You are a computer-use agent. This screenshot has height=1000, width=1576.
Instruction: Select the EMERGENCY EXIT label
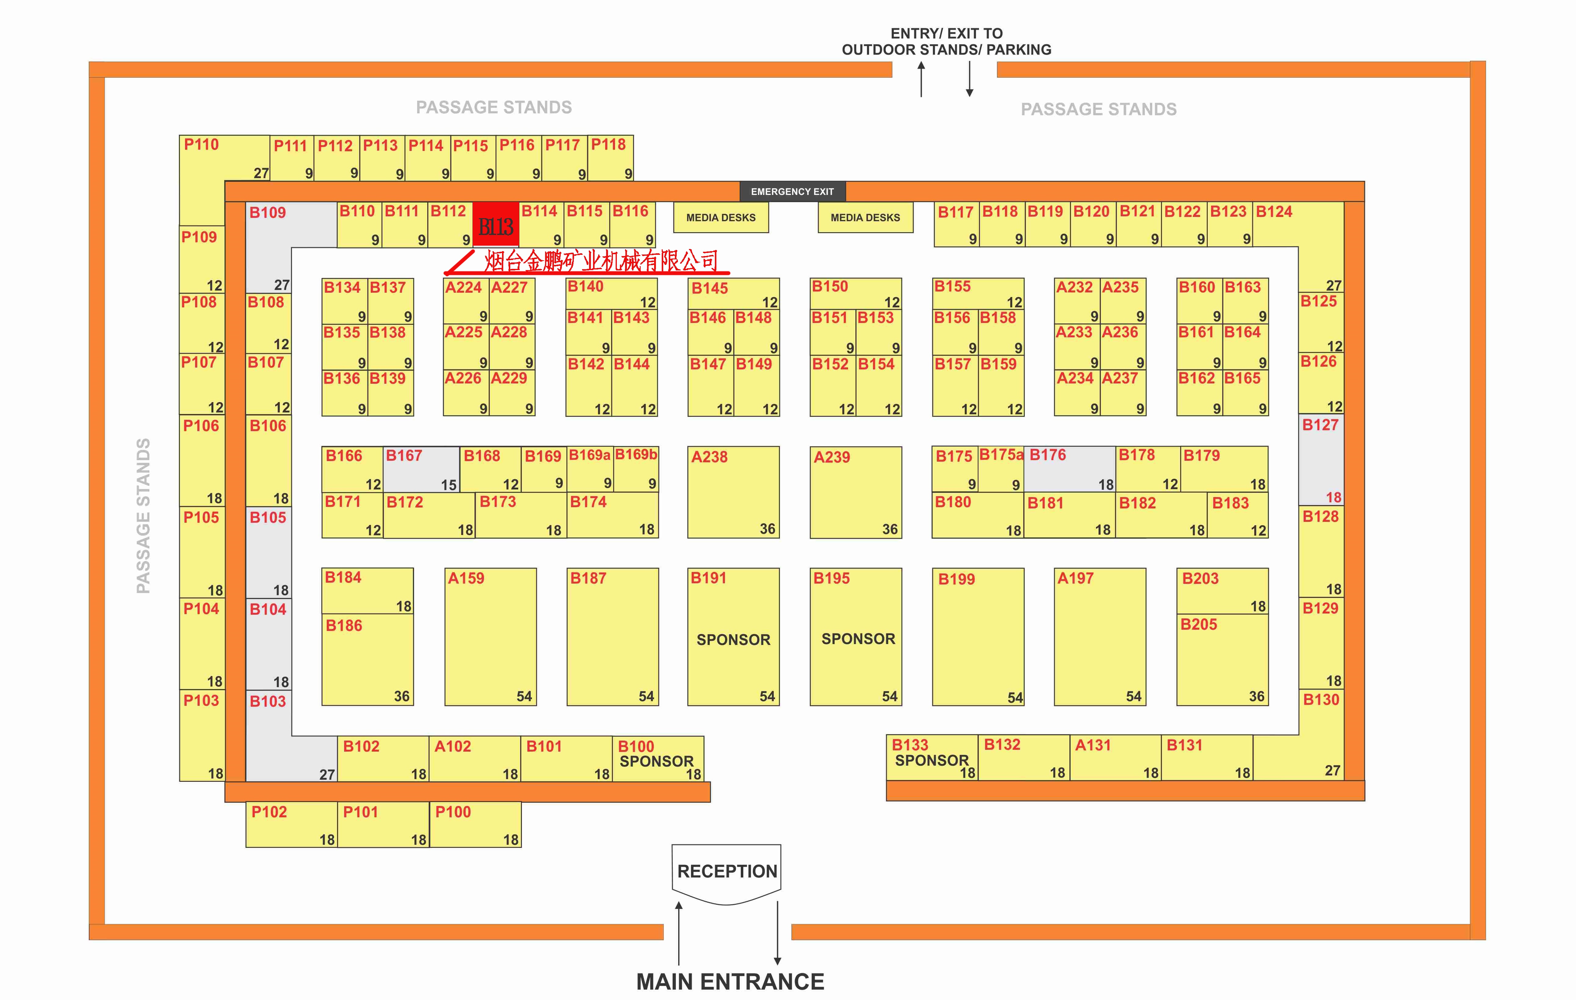tap(792, 191)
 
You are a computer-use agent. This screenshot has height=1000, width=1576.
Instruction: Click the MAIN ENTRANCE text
tap(730, 982)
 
